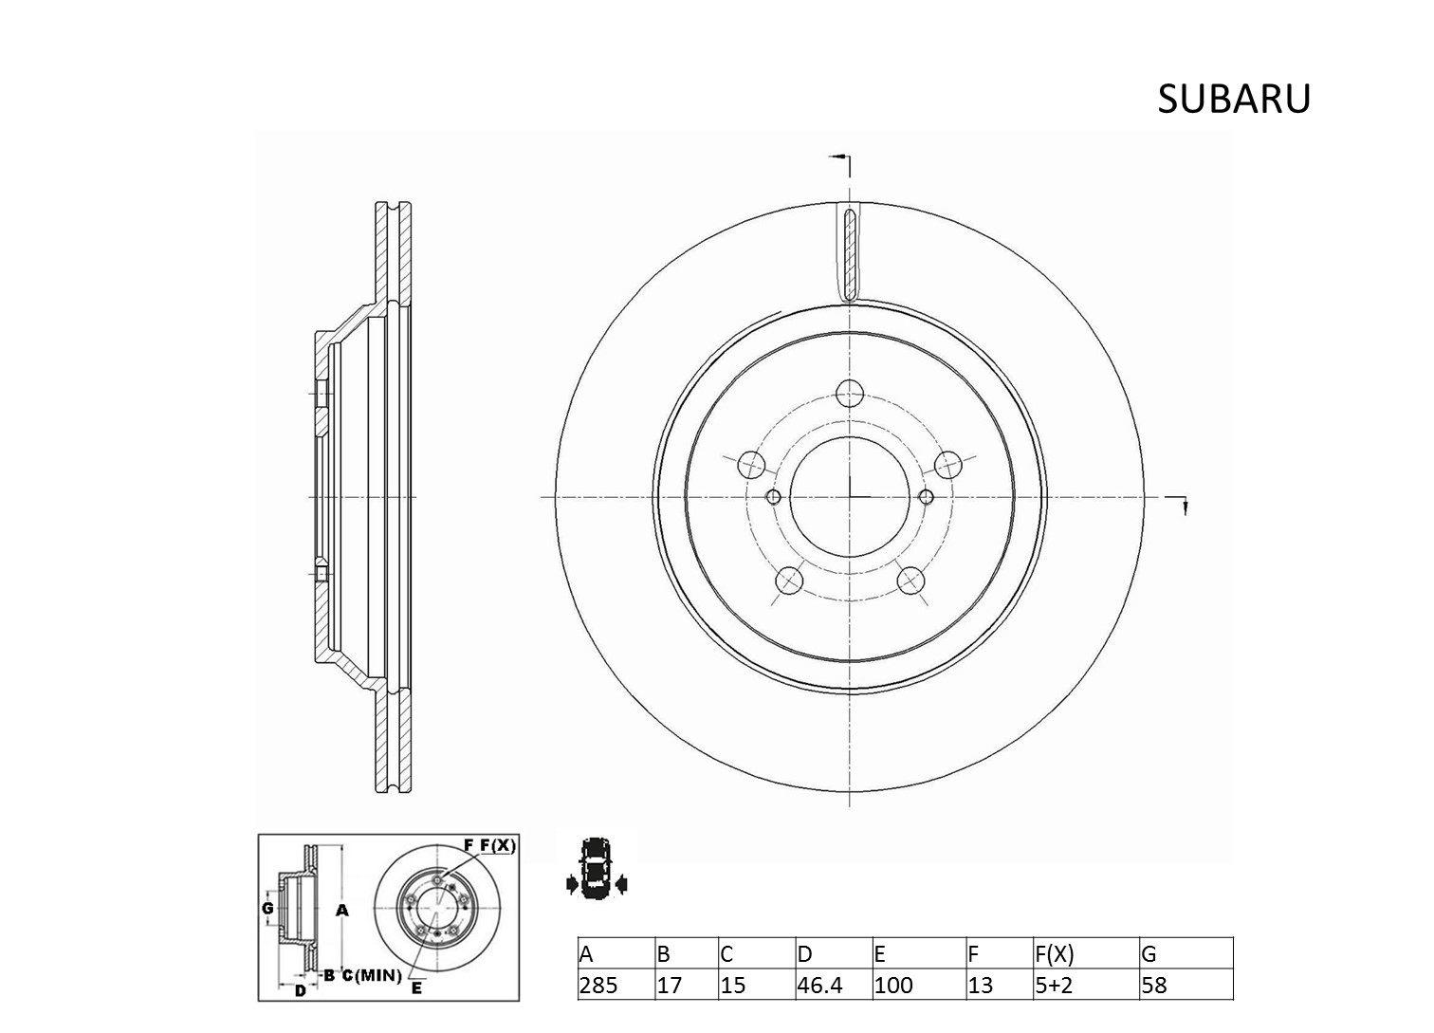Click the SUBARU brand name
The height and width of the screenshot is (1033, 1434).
coord(1234,100)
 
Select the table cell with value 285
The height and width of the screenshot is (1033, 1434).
coord(598,985)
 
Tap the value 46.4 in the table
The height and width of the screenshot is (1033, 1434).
coord(819,985)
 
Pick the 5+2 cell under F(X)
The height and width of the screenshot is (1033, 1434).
coord(1053,985)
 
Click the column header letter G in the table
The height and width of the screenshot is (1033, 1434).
coord(1149,954)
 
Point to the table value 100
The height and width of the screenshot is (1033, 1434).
coord(893,985)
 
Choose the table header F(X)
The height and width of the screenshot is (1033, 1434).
coord(1054,954)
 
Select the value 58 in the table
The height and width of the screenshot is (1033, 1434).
coord(1154,985)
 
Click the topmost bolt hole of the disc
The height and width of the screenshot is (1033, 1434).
coord(850,394)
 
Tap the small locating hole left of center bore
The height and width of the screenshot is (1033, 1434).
coord(774,496)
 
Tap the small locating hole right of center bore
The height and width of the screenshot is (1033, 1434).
coord(926,496)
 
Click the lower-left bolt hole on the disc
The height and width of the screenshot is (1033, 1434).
coord(789,581)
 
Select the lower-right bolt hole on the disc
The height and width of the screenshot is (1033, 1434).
coord(911,581)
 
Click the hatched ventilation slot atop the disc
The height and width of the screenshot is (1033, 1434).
coord(850,253)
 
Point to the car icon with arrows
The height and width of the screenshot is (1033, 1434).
coord(597,868)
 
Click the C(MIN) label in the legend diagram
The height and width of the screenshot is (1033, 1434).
coord(372,975)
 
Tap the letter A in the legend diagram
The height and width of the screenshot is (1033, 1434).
coord(342,910)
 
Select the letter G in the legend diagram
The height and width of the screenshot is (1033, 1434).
coord(267,908)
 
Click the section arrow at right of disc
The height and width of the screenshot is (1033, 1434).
coord(1179,504)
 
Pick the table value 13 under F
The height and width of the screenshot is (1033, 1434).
coord(980,985)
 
